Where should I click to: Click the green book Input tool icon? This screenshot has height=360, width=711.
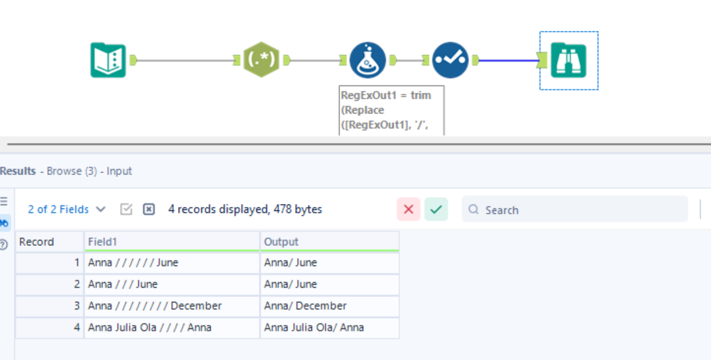click(108, 60)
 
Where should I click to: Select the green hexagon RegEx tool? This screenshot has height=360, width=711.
click(261, 60)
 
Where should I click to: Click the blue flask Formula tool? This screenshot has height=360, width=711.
click(367, 60)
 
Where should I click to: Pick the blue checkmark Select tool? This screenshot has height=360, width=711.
click(450, 60)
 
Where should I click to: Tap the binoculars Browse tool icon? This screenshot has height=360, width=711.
click(568, 60)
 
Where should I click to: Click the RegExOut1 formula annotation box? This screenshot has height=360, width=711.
click(391, 110)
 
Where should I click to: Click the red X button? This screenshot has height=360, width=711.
click(408, 210)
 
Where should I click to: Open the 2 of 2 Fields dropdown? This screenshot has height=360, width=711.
click(66, 210)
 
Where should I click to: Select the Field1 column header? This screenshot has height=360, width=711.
click(171, 242)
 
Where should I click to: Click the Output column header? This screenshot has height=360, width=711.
click(329, 242)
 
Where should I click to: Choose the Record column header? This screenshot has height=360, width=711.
click(49, 242)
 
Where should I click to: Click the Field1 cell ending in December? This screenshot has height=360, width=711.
click(171, 306)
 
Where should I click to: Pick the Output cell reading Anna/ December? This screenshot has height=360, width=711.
click(329, 306)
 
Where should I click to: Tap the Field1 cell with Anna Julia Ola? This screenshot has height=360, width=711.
click(171, 327)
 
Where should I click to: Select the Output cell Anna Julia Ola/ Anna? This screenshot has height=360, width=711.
click(329, 327)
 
